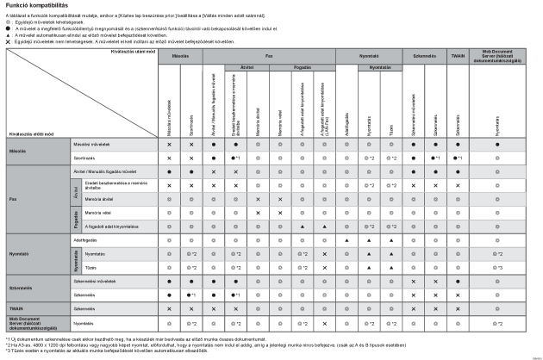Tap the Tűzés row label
point(77,267)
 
